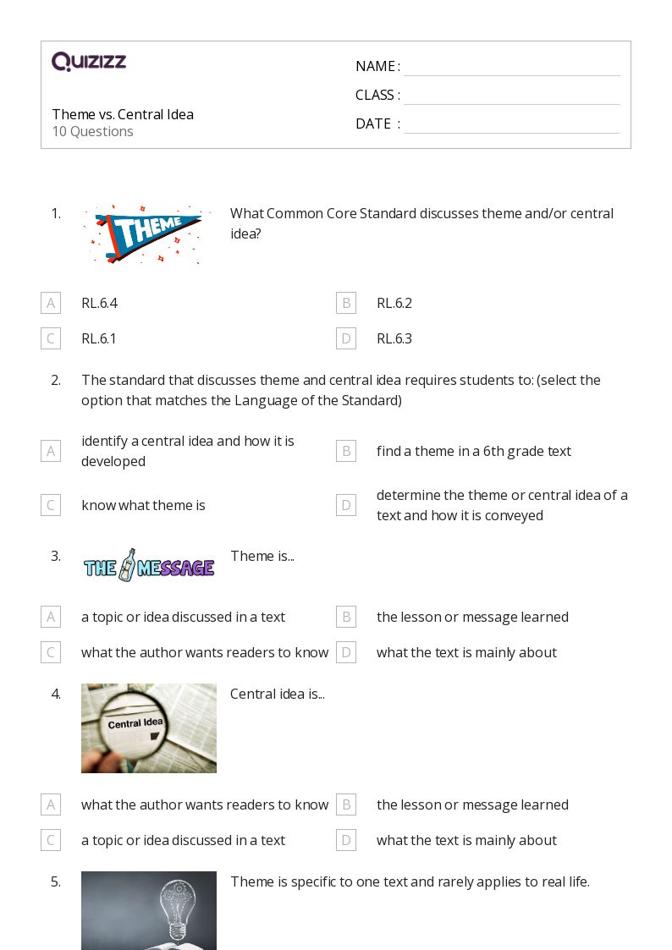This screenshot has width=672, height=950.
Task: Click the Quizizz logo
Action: click(89, 62)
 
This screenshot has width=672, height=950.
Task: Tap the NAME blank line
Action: click(511, 68)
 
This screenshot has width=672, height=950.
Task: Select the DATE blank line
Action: click(511, 125)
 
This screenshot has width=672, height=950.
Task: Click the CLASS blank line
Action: click(511, 96)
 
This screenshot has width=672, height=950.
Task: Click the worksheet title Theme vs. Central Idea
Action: click(123, 114)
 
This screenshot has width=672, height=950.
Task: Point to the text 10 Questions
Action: click(92, 131)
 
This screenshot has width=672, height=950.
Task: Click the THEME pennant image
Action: click(148, 233)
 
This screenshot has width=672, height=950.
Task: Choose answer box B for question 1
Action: click(345, 303)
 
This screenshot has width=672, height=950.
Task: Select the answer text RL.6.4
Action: click(99, 303)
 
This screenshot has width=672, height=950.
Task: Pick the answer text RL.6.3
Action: click(394, 338)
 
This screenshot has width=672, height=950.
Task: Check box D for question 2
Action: click(345, 505)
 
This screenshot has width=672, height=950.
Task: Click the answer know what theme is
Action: click(143, 505)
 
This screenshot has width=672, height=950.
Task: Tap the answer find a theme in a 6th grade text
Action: click(474, 451)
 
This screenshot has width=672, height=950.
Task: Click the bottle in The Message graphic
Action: click(128, 564)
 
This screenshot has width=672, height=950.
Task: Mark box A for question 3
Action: click(51, 617)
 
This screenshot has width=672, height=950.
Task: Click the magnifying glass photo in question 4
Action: click(148, 728)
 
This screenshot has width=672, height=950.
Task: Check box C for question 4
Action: click(51, 840)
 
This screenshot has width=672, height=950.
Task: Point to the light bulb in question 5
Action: click(177, 909)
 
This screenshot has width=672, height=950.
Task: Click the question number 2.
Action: click(56, 380)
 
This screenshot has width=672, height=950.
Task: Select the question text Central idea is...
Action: click(277, 694)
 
